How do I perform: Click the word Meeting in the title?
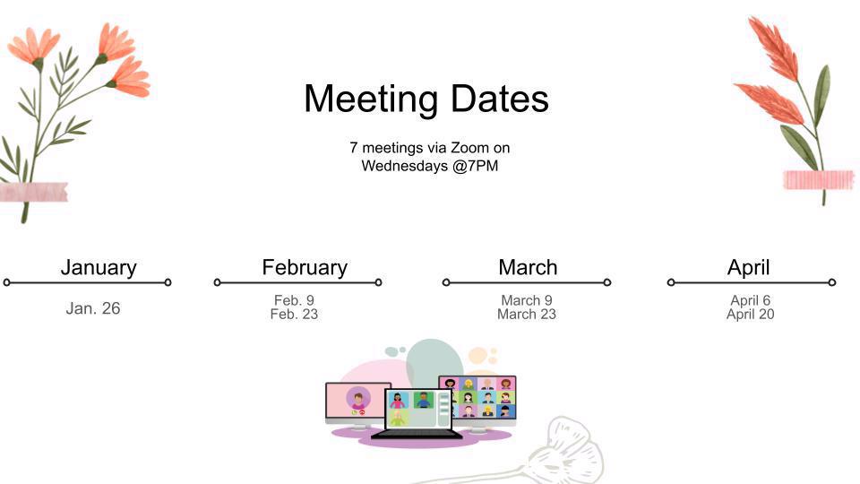(x=371, y=99)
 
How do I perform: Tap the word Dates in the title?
(x=500, y=99)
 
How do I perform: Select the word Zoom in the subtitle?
(x=470, y=148)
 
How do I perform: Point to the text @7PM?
(x=476, y=166)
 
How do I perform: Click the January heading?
(x=99, y=268)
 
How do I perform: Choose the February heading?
(x=305, y=268)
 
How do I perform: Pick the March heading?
(x=528, y=267)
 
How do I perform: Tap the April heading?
(x=749, y=268)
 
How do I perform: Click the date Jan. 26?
(x=92, y=308)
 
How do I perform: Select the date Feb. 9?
(x=294, y=300)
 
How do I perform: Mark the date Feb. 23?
(x=294, y=314)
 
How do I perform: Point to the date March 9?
(x=527, y=300)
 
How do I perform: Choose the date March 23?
(x=527, y=314)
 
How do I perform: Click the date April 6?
(x=751, y=300)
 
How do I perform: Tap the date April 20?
(x=751, y=314)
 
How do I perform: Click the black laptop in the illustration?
(x=417, y=414)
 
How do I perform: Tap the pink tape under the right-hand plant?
(x=819, y=180)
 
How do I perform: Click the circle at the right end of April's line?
(x=832, y=282)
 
